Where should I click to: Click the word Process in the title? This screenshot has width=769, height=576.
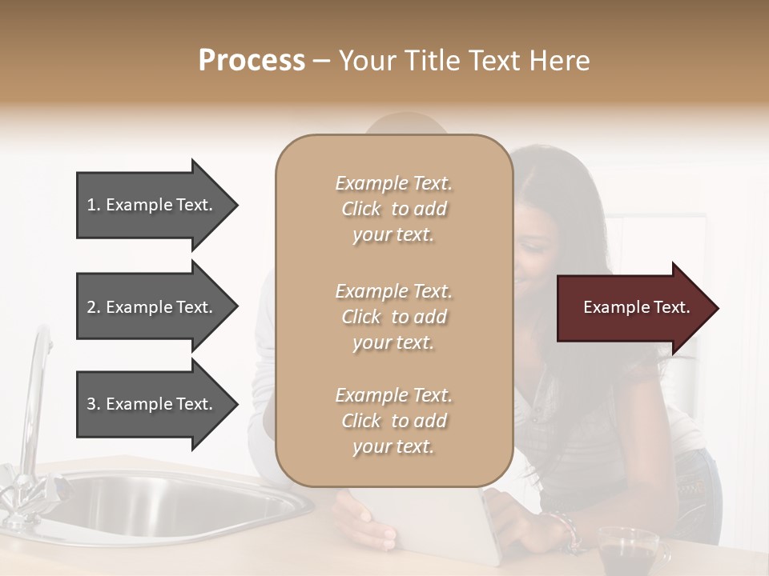point(252,61)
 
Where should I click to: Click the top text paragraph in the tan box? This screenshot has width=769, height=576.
point(393,209)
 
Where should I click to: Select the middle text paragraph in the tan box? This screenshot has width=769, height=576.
point(393,317)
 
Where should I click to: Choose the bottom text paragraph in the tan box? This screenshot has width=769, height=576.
point(393,421)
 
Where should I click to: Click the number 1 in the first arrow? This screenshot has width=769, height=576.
point(91,205)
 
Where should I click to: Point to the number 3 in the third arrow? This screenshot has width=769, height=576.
point(91,404)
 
